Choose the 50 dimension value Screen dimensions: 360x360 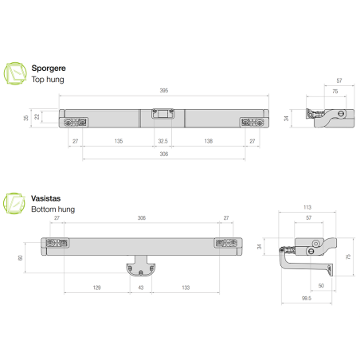320,284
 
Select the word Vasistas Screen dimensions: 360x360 46,198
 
